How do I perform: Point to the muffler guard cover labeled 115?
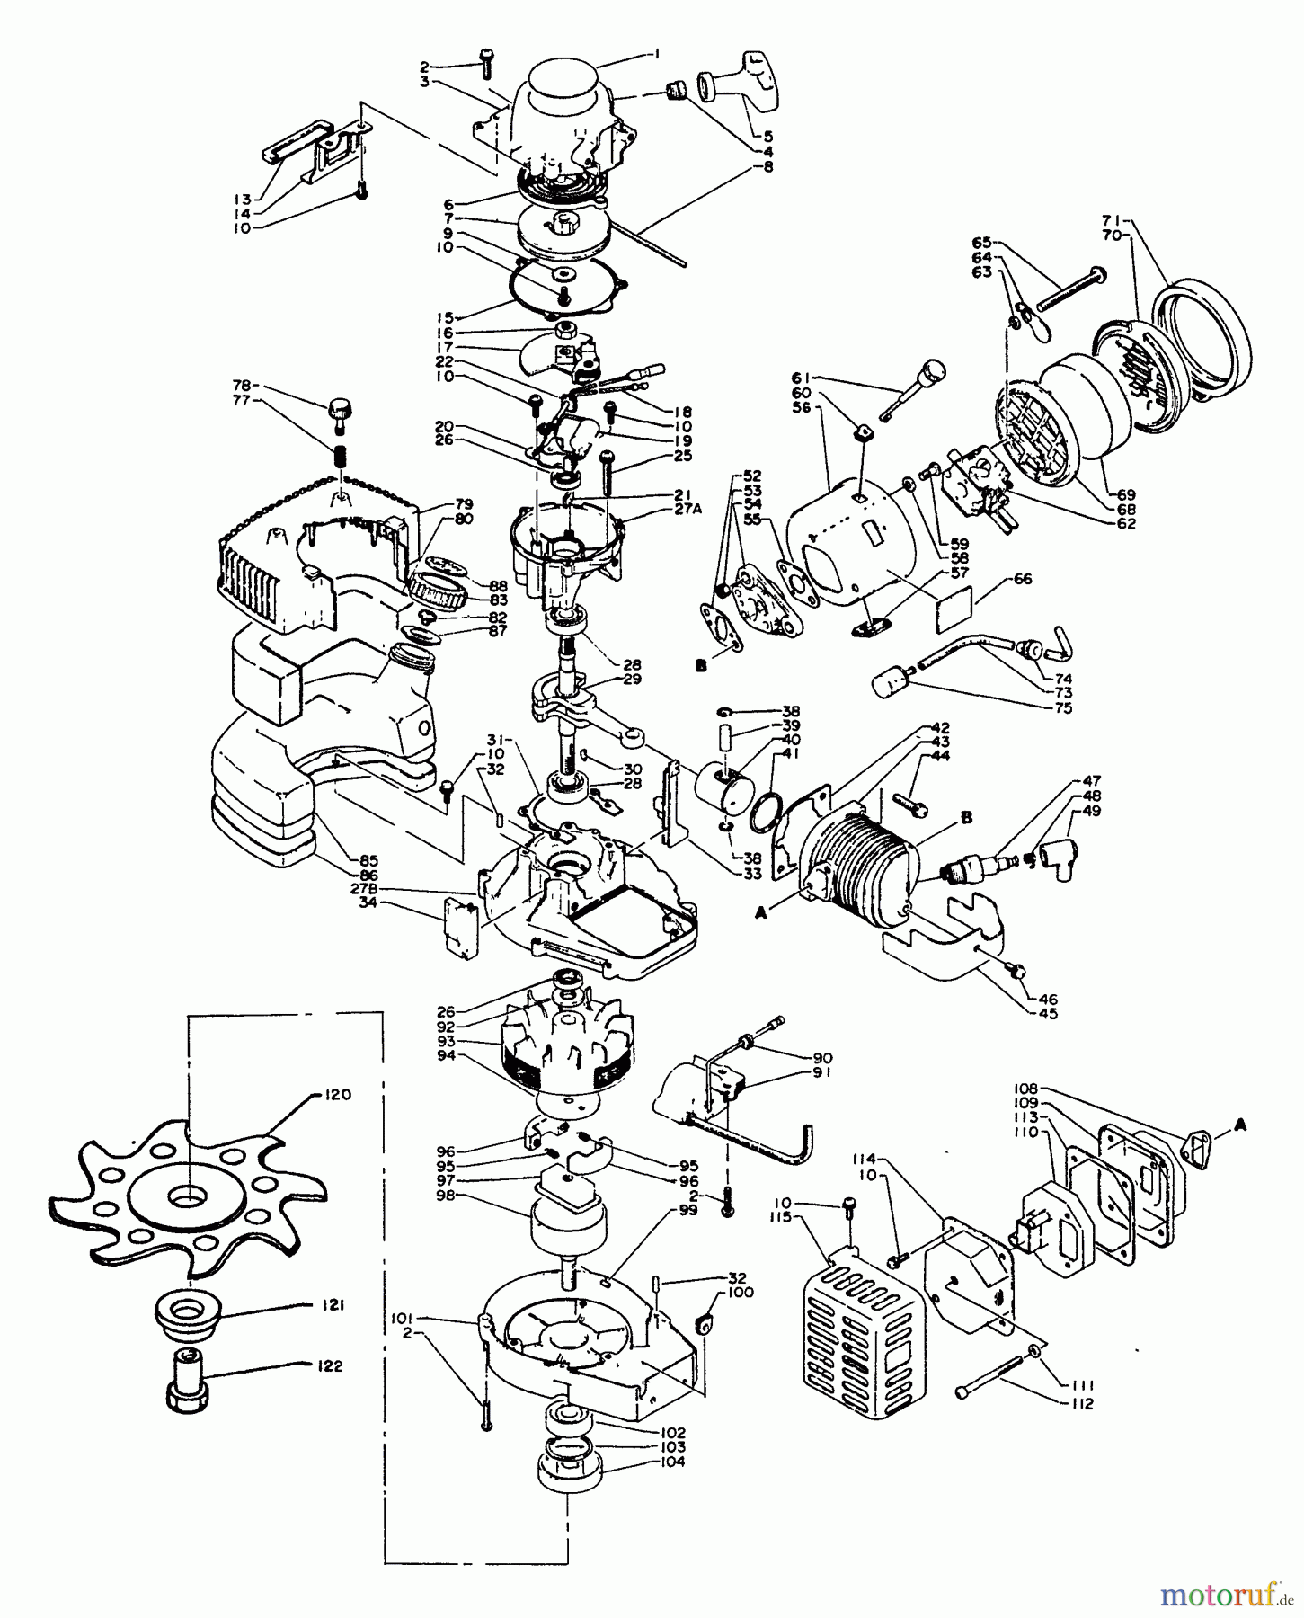(863, 1339)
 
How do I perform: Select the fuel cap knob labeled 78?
(339, 410)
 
